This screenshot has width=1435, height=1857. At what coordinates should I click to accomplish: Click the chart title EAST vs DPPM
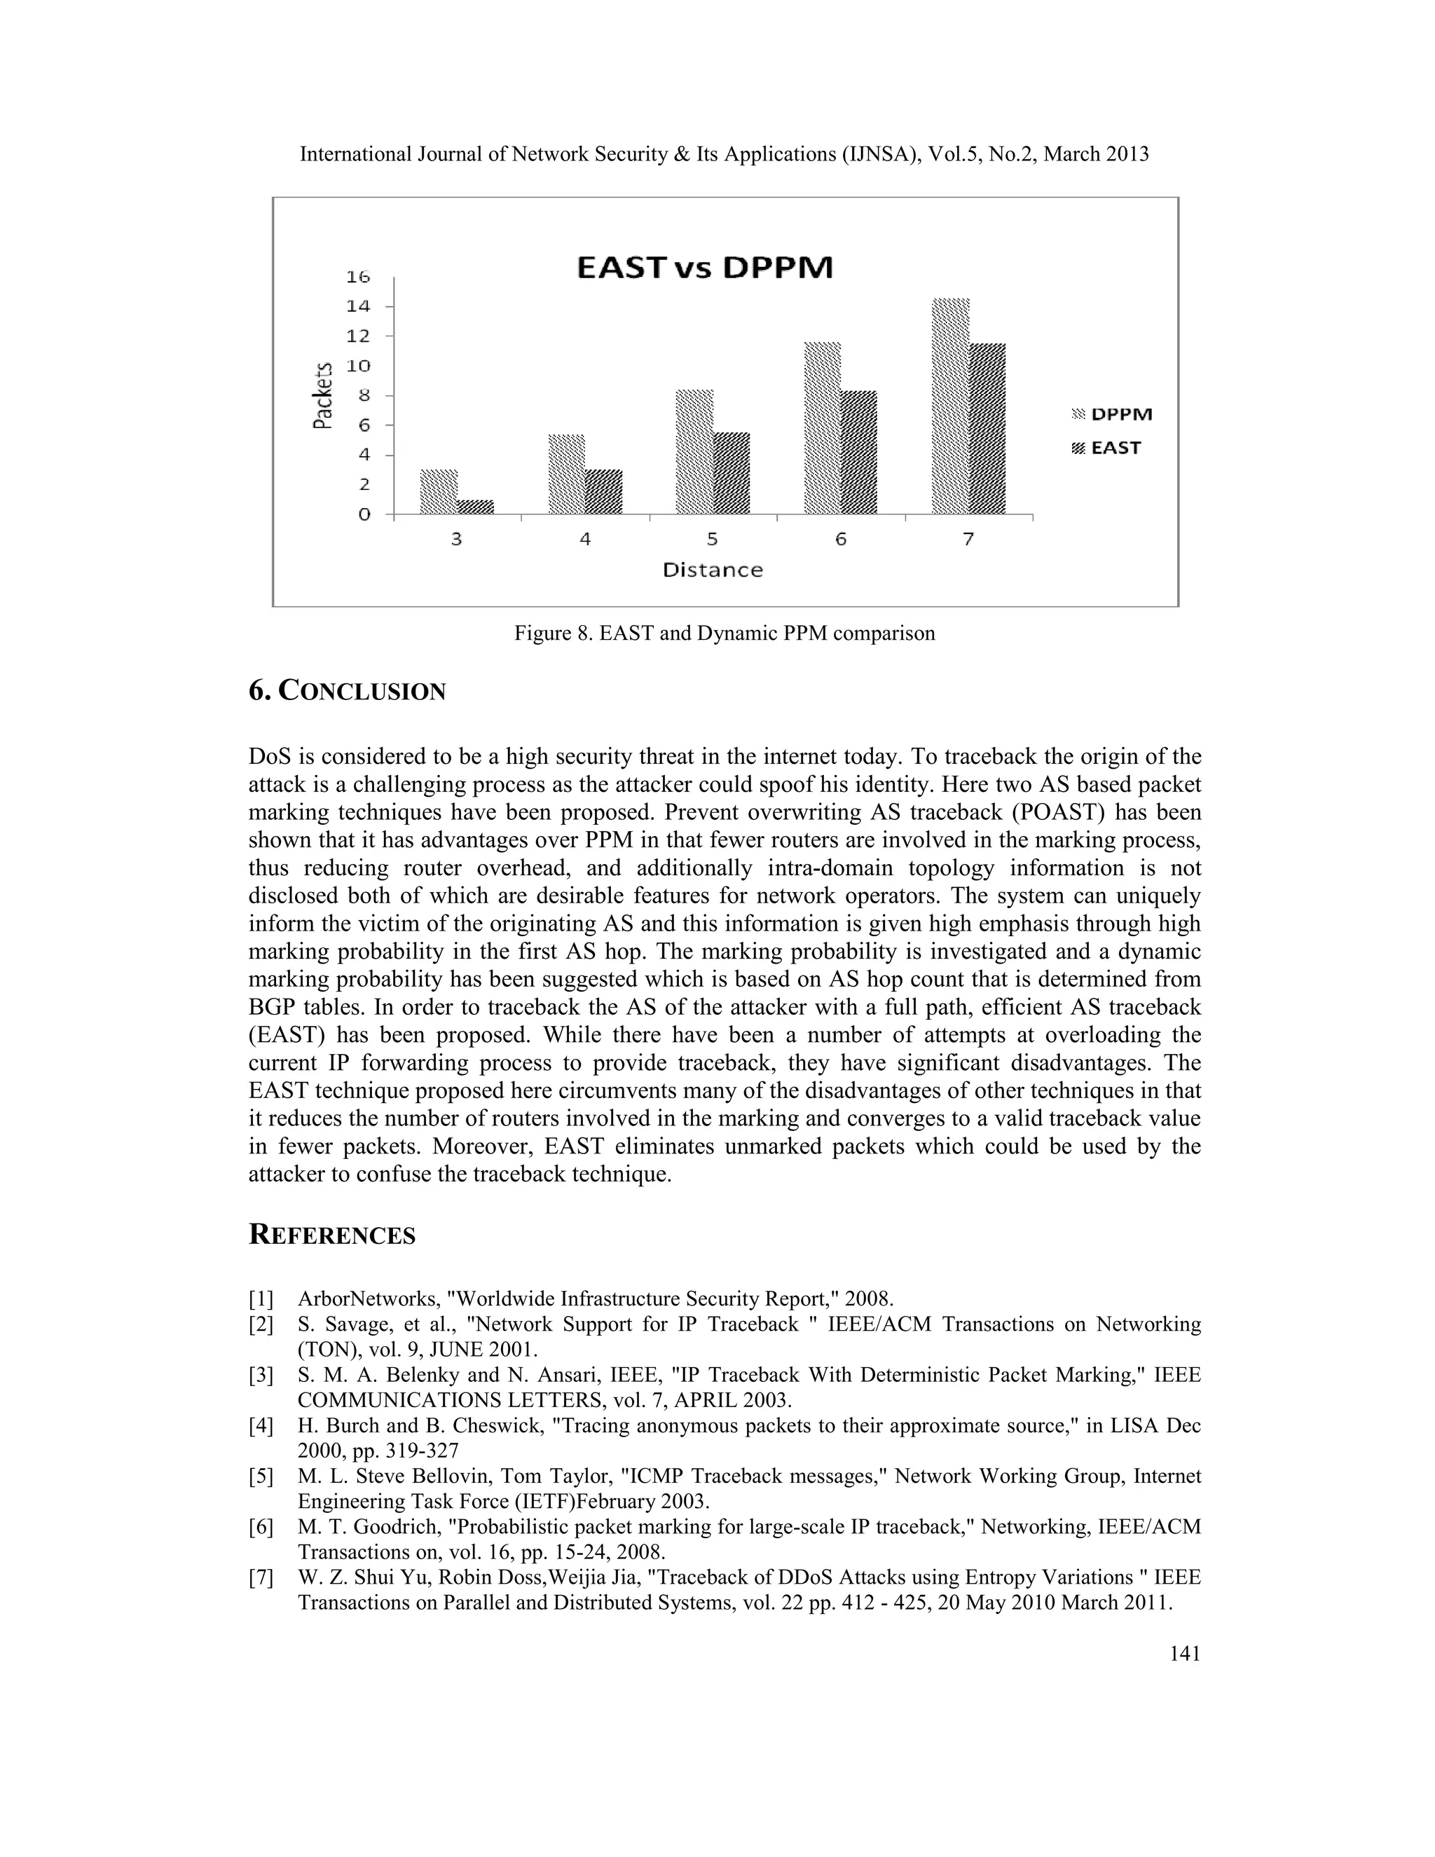[x=705, y=268]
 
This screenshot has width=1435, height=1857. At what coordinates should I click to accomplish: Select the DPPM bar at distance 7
[x=950, y=406]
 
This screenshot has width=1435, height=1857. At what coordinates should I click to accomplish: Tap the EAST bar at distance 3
[x=475, y=507]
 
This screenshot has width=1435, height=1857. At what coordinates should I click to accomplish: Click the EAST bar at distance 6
[x=858, y=453]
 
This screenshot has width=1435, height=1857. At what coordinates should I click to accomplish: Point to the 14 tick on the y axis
[x=358, y=306]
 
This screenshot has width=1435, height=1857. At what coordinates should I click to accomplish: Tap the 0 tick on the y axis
[x=364, y=514]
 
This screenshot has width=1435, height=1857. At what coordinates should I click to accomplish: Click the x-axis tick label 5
[x=713, y=539]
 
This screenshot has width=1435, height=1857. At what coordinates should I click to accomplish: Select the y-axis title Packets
[x=322, y=396]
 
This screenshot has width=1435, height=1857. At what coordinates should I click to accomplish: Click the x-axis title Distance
[x=713, y=570]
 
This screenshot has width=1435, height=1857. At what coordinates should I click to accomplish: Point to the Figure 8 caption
[x=725, y=633]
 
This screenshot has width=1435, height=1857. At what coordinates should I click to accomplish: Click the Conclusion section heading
[x=347, y=691]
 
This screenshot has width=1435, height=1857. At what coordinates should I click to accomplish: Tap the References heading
[x=331, y=1235]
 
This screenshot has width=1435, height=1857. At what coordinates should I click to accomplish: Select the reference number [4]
[x=261, y=1426]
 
